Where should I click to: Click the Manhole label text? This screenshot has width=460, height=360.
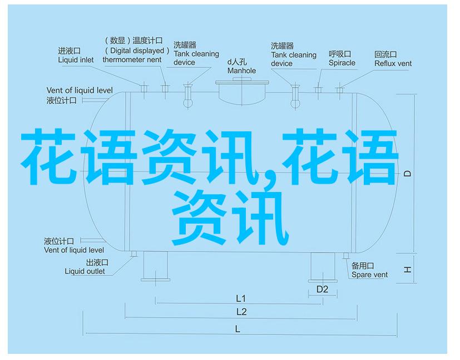coord(241,71)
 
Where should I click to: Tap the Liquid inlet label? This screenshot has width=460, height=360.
coord(76,60)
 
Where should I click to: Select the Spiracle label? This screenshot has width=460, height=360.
coord(342,63)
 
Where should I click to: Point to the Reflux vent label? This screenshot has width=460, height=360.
coord(393,63)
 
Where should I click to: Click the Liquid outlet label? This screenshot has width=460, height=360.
coord(85,272)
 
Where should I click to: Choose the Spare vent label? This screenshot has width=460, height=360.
coord(369,275)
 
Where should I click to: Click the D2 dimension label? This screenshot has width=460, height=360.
coord(322,289)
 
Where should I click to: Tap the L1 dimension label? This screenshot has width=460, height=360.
coord(241,299)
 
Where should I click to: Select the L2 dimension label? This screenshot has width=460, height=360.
coord(241,312)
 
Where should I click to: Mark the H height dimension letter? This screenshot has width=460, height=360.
coord(407,269)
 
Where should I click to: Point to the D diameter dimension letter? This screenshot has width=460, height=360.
coord(408,174)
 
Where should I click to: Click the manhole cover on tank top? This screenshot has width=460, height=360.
coord(242,82)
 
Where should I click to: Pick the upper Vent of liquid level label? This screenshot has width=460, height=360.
coord(80,90)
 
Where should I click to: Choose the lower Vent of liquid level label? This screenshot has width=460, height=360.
coord(74,250)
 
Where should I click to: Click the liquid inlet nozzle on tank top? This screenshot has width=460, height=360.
coord(144,88)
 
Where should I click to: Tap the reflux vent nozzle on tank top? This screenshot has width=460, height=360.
coord(339,90)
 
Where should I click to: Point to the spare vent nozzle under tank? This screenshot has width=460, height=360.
coord(346,256)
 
